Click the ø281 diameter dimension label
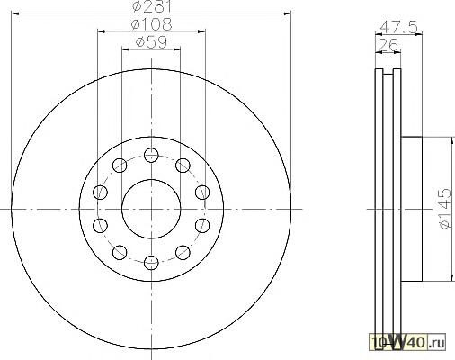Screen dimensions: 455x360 (x=151, y=5)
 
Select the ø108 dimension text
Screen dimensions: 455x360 (x=152, y=24)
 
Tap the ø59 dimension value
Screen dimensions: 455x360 (x=151, y=42)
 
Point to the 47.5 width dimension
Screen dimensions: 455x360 (x=398, y=28)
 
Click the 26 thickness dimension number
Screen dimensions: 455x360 (x=388, y=45)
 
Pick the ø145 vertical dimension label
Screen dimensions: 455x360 (x=445, y=209)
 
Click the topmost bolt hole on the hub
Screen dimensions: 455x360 (x=151, y=155)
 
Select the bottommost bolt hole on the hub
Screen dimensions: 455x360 (x=151, y=263)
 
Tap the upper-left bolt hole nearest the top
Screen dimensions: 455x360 (x=120, y=165)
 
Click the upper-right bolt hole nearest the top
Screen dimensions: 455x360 (x=183, y=165)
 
